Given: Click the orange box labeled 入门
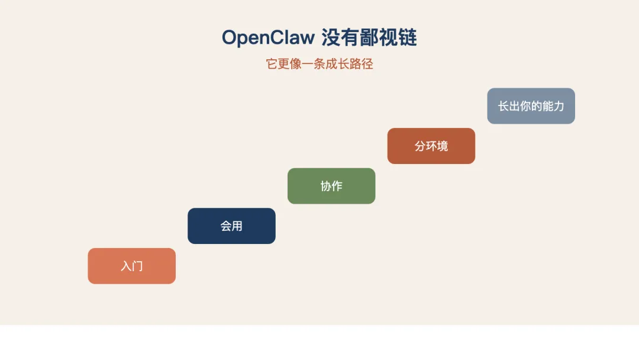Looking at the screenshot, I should click(131, 266).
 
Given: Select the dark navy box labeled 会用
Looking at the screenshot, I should click(231, 226).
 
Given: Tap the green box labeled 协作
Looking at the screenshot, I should click(331, 186).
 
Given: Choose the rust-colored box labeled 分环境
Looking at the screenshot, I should click(431, 146).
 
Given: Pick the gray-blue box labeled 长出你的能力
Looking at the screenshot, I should click(531, 106).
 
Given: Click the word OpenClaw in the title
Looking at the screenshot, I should click(268, 38).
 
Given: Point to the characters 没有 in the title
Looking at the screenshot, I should click(340, 38).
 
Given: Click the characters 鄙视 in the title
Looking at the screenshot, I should click(379, 38).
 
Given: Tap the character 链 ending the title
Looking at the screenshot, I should click(408, 38).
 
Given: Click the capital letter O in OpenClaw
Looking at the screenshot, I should click(229, 38).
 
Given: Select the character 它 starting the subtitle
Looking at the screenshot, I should click(272, 64).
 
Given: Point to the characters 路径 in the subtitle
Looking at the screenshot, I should click(367, 64).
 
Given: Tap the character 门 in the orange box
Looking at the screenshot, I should click(137, 266).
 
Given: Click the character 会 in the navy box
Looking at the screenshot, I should click(226, 226).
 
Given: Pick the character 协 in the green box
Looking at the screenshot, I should click(326, 186).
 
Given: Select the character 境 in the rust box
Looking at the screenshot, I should click(442, 146).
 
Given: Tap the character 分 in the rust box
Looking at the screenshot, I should click(420, 146).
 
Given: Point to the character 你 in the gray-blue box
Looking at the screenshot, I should click(525, 106).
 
